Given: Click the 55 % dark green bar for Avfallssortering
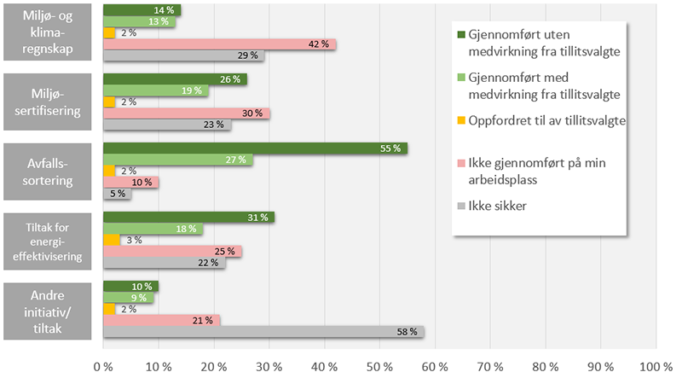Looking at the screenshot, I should (x=255, y=148).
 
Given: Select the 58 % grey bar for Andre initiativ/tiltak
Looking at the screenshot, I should (x=263, y=331).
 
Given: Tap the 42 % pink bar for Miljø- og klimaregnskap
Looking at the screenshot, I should (x=219, y=44).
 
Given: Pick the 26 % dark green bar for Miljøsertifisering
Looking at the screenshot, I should (x=175, y=79).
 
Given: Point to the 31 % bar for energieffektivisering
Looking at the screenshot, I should (x=188, y=218).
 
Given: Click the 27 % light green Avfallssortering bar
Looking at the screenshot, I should (x=177, y=160).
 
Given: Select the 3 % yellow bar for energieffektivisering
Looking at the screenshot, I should (x=112, y=240).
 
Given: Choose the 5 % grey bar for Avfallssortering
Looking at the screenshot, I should (x=117, y=194).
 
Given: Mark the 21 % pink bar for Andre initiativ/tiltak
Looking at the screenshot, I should (x=161, y=320).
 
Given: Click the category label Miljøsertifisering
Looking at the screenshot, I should (x=47, y=101).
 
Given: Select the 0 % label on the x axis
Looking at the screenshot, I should (x=103, y=366).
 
